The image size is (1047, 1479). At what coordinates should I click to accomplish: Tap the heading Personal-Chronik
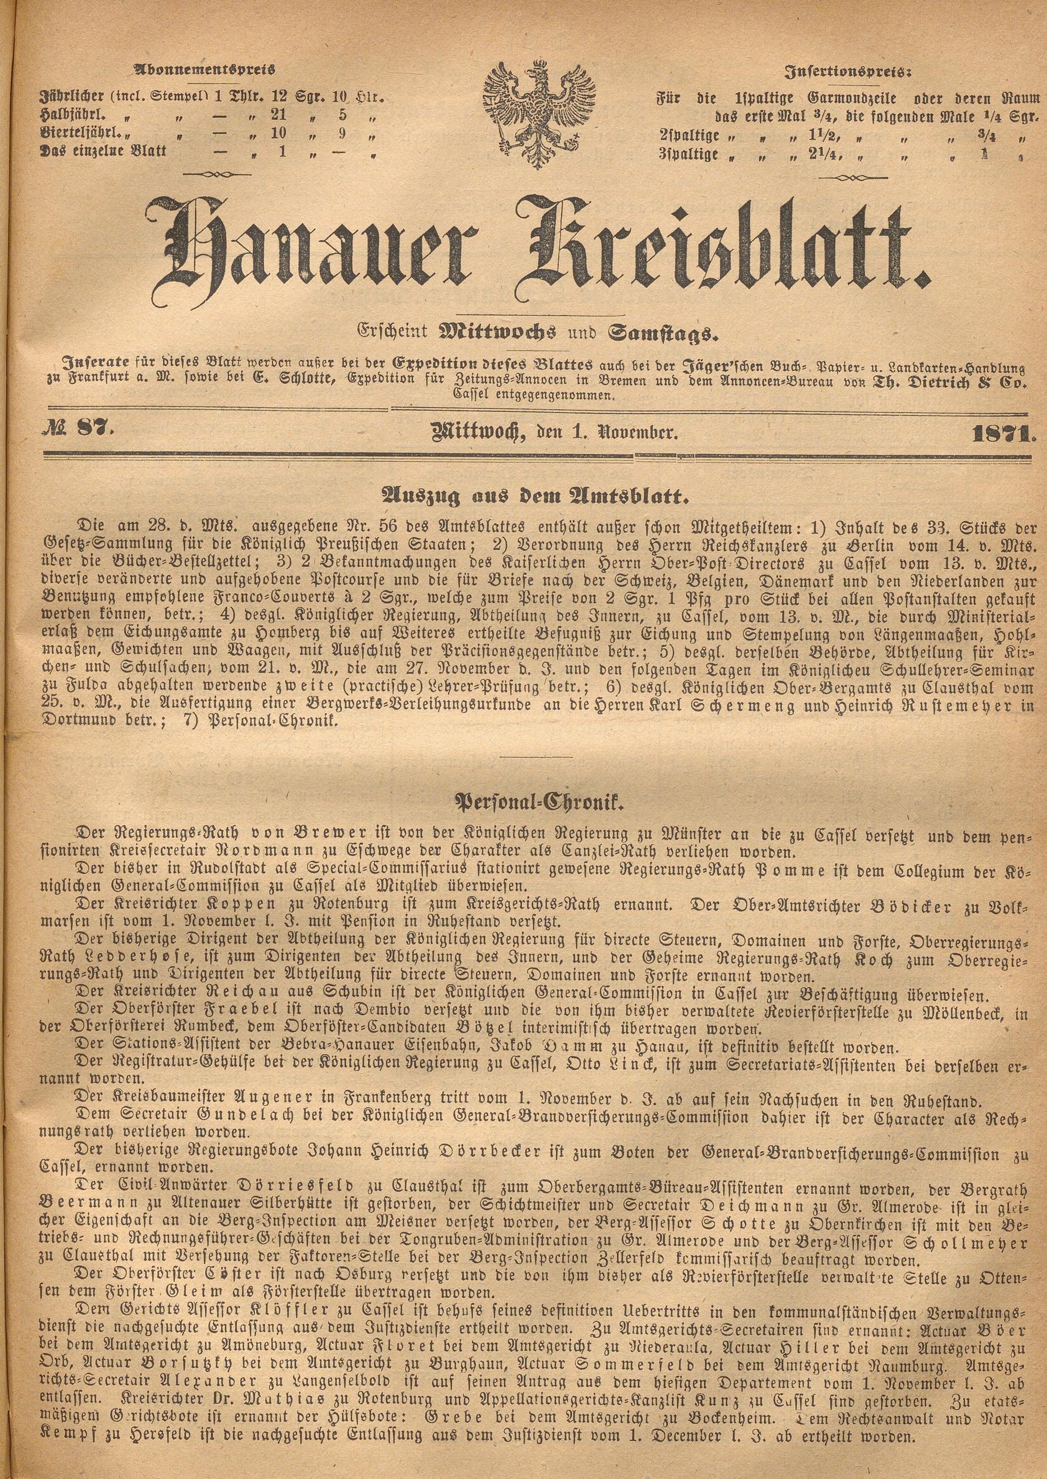point(523,803)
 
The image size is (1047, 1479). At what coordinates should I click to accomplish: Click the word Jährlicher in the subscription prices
point(70,98)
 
